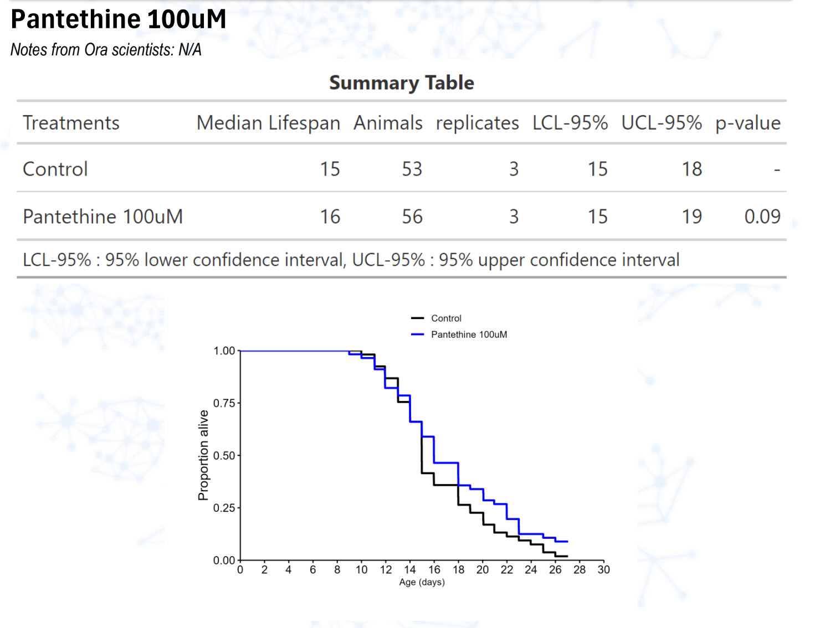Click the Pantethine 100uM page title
[x=119, y=19]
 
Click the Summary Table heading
[x=402, y=83]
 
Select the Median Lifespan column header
[x=268, y=123]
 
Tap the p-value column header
[x=747, y=123]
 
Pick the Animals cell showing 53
[x=412, y=169]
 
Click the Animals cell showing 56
[x=412, y=217]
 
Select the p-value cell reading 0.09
[x=762, y=217]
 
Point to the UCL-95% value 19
[x=691, y=217]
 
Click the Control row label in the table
[x=55, y=169]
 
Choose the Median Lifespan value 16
[x=330, y=217]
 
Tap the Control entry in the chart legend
[x=446, y=318]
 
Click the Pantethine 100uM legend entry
[x=469, y=334]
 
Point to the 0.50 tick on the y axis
[x=224, y=456]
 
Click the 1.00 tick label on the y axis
[x=224, y=351]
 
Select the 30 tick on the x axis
[x=603, y=570]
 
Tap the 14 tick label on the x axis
[x=410, y=570]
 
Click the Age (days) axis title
[x=422, y=583]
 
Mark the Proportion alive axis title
[x=204, y=455]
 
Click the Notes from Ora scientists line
[x=106, y=50]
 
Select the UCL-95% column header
[x=661, y=123]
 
